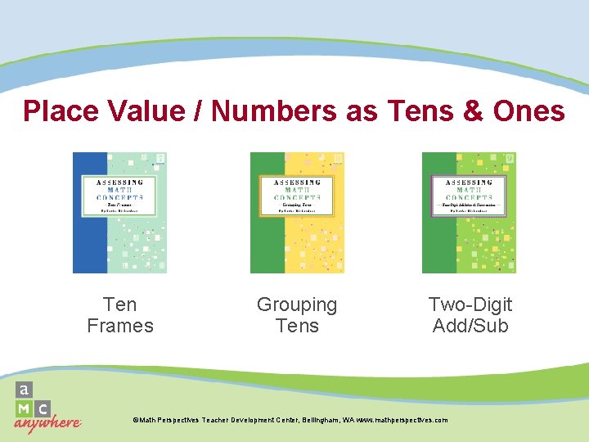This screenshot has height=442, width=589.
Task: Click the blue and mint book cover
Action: point(119,213)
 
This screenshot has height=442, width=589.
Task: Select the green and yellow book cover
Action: point(297,213)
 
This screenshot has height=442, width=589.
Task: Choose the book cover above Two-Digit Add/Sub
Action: point(470,213)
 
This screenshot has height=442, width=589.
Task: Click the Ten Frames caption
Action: point(120,315)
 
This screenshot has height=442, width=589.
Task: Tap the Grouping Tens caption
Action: point(297,315)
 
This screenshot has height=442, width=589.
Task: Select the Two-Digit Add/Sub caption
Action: point(470,315)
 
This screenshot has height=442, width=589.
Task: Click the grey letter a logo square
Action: point(25,390)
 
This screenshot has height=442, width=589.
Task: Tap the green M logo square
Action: point(25,408)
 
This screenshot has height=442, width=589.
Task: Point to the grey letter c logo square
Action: point(43,408)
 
